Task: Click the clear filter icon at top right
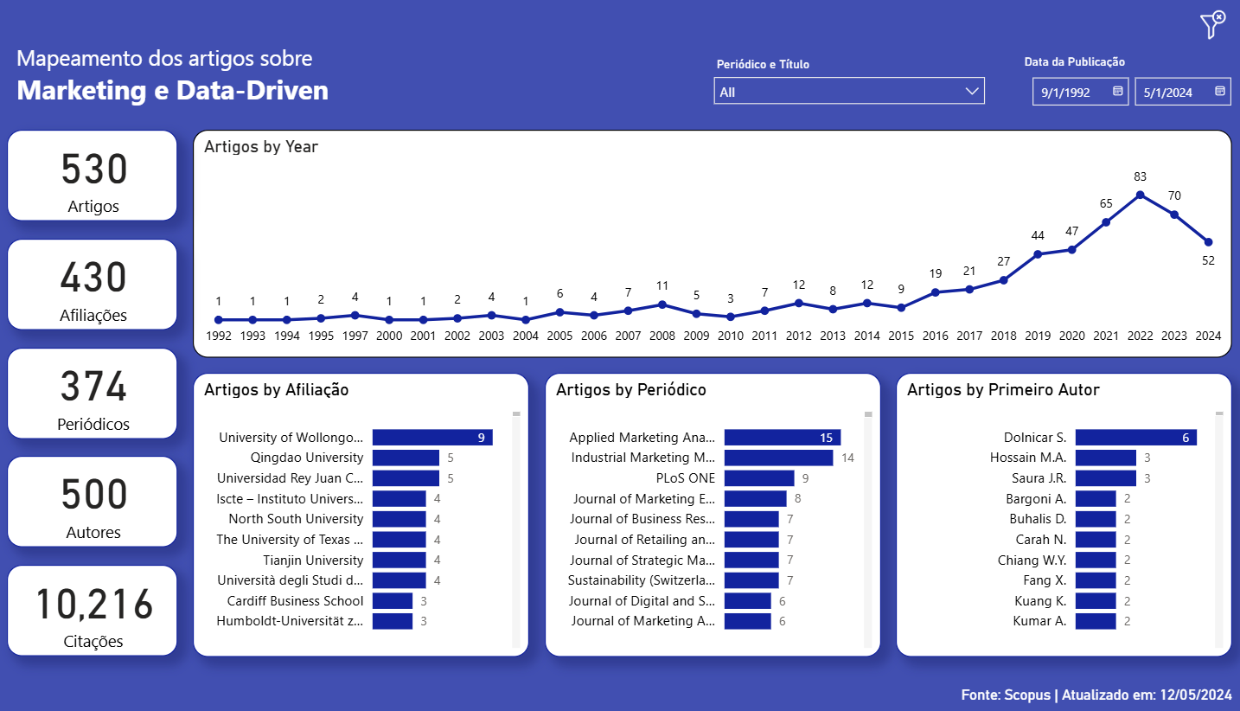click(1213, 25)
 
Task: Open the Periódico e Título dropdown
click(848, 91)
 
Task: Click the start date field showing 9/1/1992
click(1080, 92)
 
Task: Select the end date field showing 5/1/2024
click(1182, 92)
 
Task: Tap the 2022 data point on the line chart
click(1141, 195)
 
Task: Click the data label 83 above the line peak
click(1141, 176)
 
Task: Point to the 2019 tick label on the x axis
click(1038, 336)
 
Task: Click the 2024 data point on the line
click(1208, 242)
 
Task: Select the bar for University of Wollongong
click(432, 438)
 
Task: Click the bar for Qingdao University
click(406, 458)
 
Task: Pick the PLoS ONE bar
click(758, 478)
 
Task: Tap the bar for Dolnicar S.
click(1135, 438)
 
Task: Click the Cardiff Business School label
click(295, 600)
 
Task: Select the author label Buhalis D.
click(1038, 519)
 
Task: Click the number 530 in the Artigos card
click(93, 170)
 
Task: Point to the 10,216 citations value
click(93, 605)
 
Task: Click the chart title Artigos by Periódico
click(631, 390)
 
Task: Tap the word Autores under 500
click(93, 533)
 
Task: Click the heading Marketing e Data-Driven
click(173, 91)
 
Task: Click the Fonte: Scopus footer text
click(1096, 695)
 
